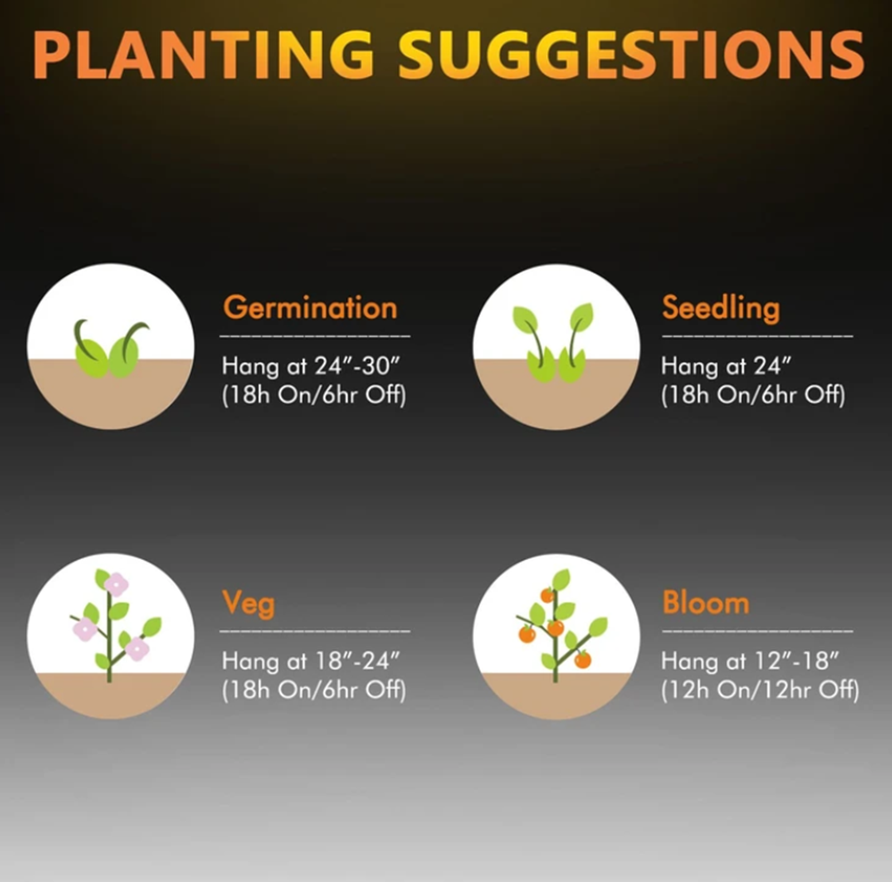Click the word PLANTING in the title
pyautogui.click(x=203, y=54)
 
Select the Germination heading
pyautogui.click(x=310, y=309)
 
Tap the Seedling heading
pyautogui.click(x=721, y=309)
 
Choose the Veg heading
pyautogui.click(x=249, y=604)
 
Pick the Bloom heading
pyautogui.click(x=706, y=602)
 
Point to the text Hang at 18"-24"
pyautogui.click(x=311, y=661)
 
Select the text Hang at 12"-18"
pyautogui.click(x=750, y=661)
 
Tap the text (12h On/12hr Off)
pyautogui.click(x=760, y=689)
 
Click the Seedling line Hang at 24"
pyautogui.click(x=726, y=366)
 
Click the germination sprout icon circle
pyautogui.click(x=111, y=346)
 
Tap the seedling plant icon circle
pyautogui.click(x=557, y=347)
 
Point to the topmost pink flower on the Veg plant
pyautogui.click(x=117, y=585)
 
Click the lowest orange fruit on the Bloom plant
pyautogui.click(x=582, y=660)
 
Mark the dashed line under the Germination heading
pyautogui.click(x=315, y=336)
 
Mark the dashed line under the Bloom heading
pyautogui.click(x=757, y=631)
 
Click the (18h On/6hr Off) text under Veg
pyautogui.click(x=314, y=689)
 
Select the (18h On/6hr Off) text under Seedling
pyautogui.click(x=753, y=395)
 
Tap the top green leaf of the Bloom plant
pyautogui.click(x=561, y=579)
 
